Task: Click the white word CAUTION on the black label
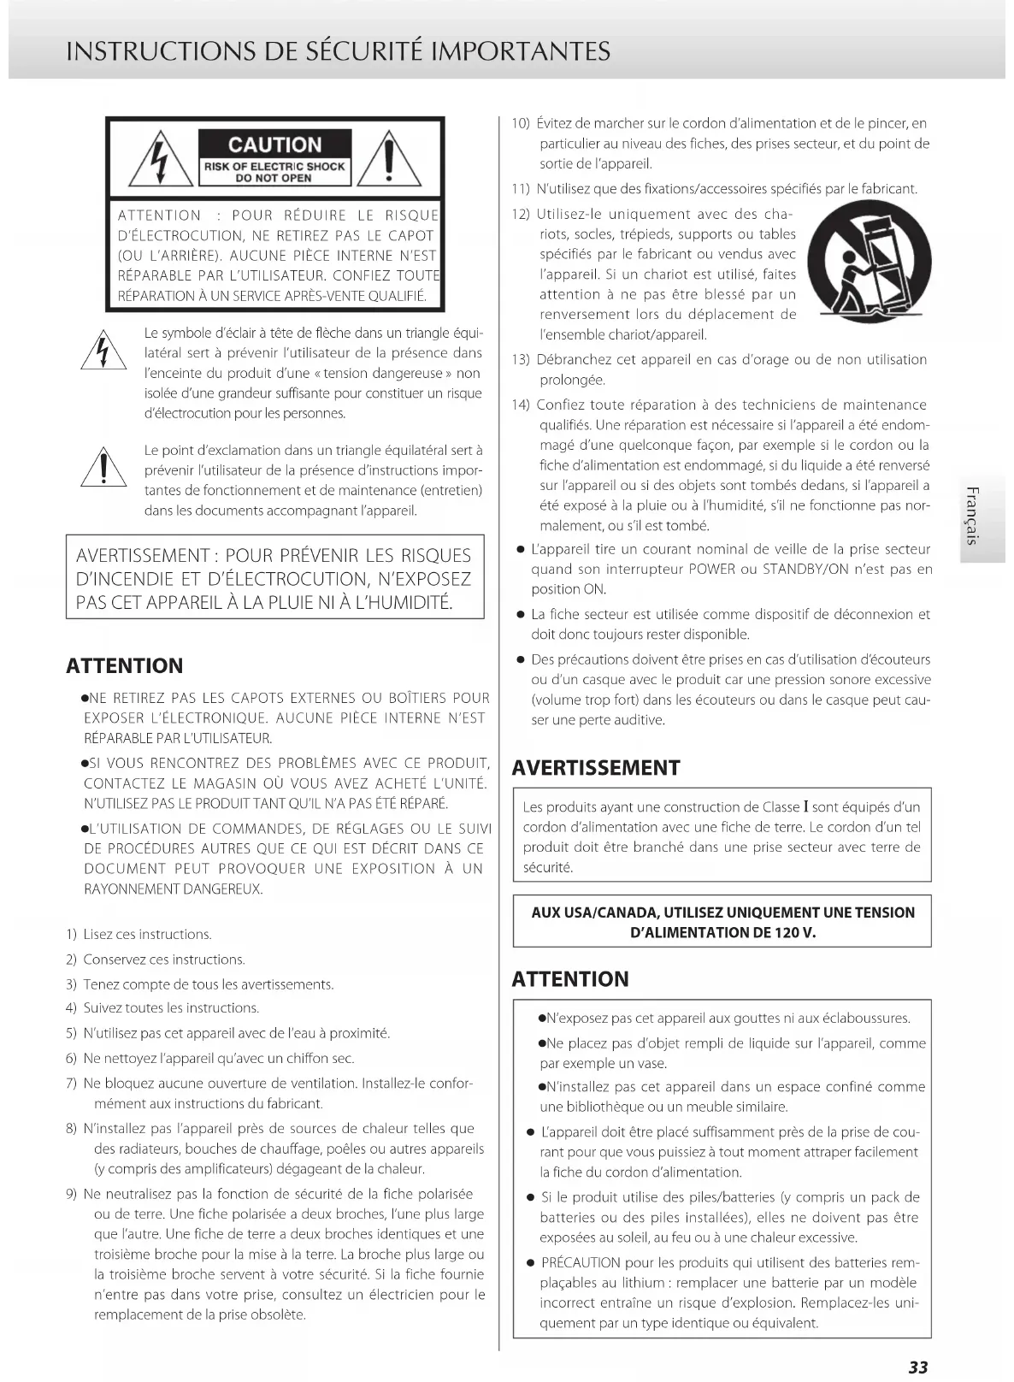pos(274,145)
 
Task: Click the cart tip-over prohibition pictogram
pos(870,262)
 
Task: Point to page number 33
pos(917,1367)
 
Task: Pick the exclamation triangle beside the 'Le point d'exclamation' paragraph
pos(103,468)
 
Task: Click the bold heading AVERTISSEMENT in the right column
pos(595,767)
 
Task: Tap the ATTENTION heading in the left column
pos(125,665)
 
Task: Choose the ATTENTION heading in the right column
pos(569,978)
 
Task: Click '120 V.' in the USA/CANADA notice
pos(795,932)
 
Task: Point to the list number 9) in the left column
pos(72,1194)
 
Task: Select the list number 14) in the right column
pos(521,405)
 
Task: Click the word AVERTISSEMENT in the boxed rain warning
pos(143,556)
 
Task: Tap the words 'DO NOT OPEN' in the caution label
pos(274,178)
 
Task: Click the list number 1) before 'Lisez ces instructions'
pos(72,934)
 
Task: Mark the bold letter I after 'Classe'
pos(805,806)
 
